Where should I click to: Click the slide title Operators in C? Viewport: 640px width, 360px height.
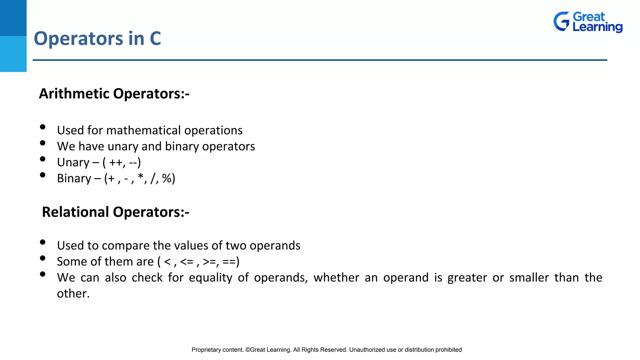click(x=97, y=39)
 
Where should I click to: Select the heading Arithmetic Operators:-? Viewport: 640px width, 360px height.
click(x=114, y=94)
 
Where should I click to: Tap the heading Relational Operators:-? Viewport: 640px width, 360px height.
click(x=116, y=212)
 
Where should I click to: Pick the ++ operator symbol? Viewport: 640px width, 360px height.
click(x=116, y=162)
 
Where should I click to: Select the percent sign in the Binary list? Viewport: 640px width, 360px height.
click(x=167, y=178)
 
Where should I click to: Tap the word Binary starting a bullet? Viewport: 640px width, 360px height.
click(x=74, y=179)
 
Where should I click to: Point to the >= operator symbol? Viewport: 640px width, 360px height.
click(x=209, y=262)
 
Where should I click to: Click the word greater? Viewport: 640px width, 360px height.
click(x=467, y=278)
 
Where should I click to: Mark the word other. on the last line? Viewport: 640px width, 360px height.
click(x=73, y=294)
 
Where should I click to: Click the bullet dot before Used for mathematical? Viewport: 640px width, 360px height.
click(x=43, y=127)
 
